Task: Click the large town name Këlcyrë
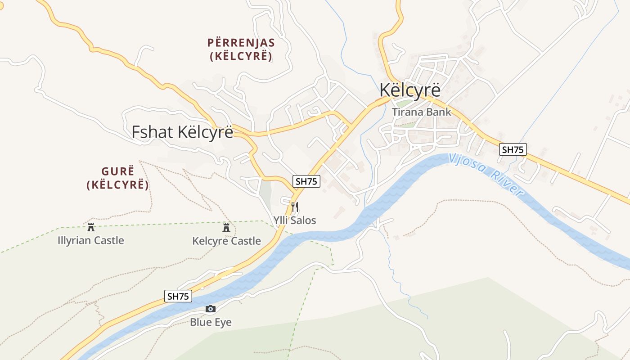pos(409,90)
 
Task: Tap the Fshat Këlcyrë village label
pos(182,132)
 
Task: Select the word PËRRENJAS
pos(241,43)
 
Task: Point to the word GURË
pos(117,171)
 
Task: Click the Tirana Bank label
pos(421,112)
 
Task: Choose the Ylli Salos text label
pos(295,220)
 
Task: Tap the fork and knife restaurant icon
pos(295,207)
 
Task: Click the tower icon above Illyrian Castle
pos(91,227)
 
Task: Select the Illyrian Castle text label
pos(91,241)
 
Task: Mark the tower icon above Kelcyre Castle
pos(226,227)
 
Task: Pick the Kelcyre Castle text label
pos(226,241)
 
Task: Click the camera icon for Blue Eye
pos(210,309)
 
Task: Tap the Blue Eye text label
pos(211,322)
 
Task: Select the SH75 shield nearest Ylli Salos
pos(306,181)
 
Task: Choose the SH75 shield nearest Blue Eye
pos(178,296)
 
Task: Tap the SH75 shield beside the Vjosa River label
pos(513,149)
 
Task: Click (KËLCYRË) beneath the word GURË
pos(117,185)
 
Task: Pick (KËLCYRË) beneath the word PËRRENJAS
pos(241,57)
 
